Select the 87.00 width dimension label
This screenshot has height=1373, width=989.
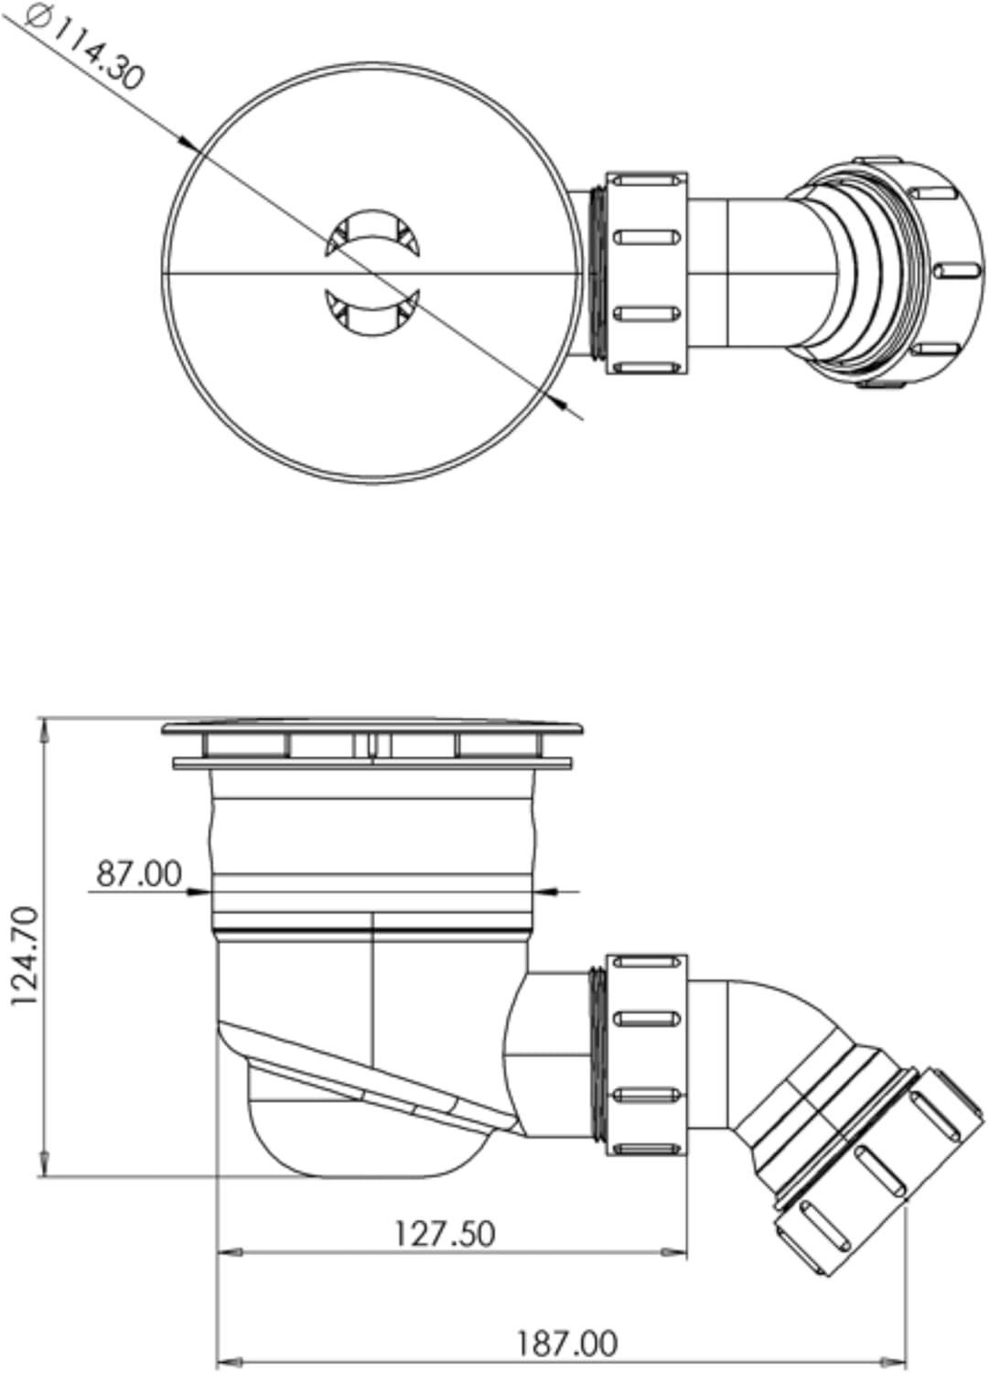click(x=139, y=873)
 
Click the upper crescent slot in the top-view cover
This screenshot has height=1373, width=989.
click(x=372, y=232)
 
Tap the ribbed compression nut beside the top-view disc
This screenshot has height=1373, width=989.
click(x=646, y=273)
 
